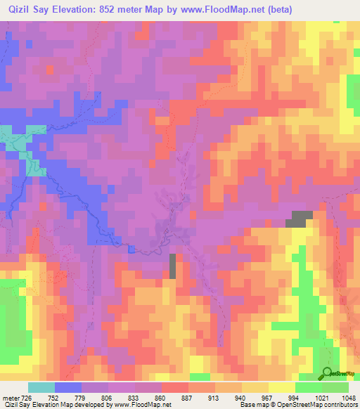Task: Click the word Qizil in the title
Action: point(18,9)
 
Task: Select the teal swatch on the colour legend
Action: point(41,387)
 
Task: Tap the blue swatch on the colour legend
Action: point(67,387)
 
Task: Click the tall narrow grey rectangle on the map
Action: point(173,266)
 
